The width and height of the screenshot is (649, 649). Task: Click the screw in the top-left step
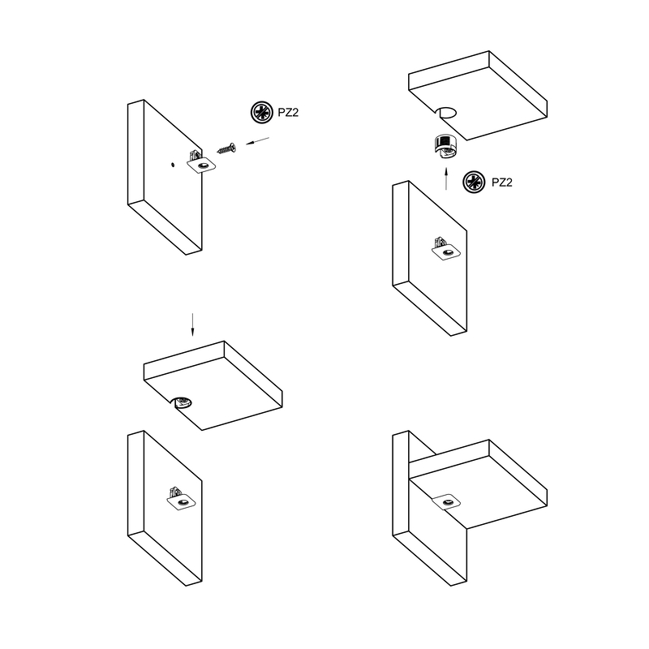tap(226, 148)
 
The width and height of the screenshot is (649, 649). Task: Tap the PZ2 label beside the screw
tap(288, 113)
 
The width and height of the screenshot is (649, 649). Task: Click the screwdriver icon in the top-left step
tap(261, 112)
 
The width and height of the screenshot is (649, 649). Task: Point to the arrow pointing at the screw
tap(257, 140)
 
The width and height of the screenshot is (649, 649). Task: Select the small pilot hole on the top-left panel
tap(172, 165)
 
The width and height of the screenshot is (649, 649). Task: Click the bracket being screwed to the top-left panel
tap(200, 163)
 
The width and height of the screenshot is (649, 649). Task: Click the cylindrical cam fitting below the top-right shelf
tap(445, 146)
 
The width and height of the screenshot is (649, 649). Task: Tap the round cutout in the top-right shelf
tap(448, 112)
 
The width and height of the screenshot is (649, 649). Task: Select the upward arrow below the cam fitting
tap(445, 178)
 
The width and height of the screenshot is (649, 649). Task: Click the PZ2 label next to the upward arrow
tap(501, 183)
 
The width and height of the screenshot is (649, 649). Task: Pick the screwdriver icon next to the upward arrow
tap(474, 182)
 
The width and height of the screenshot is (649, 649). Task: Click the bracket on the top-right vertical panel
tap(445, 249)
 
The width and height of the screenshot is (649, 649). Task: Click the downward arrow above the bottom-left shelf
tap(192, 325)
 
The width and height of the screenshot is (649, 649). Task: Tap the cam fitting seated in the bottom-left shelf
tap(183, 402)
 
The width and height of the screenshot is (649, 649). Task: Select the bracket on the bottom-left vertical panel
tap(181, 499)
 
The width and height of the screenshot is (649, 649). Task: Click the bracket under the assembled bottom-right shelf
tap(446, 502)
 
